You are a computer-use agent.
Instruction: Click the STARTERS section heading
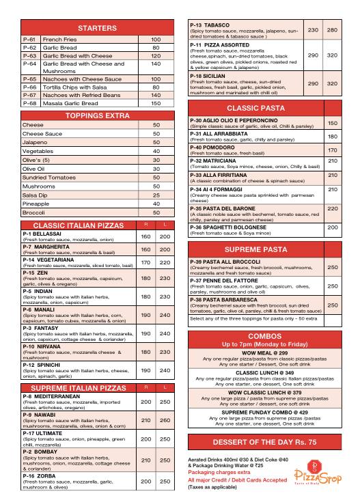pos(97,28)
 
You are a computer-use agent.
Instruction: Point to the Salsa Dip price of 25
pos(156,195)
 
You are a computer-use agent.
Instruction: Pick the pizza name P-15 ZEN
pos(36,271)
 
